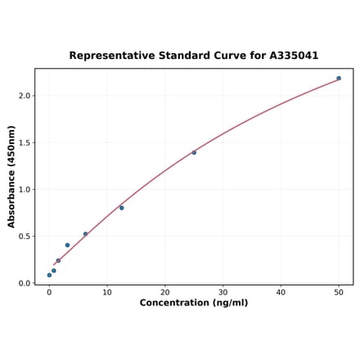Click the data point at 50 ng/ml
click(x=339, y=79)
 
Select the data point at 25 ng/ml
click(x=194, y=152)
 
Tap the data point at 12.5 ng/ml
click(x=122, y=208)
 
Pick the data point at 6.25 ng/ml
click(x=85, y=234)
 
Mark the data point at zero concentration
click(x=49, y=275)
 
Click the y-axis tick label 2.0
click(x=25, y=96)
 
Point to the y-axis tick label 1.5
click(x=25, y=142)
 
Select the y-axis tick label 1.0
click(x=25, y=189)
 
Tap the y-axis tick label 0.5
click(x=25, y=237)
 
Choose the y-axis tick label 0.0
click(x=25, y=283)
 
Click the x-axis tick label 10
click(x=107, y=292)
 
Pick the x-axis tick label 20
click(x=165, y=292)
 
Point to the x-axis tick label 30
click(x=223, y=292)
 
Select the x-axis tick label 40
click(x=281, y=292)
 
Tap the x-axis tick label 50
click(x=339, y=292)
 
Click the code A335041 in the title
click(x=294, y=56)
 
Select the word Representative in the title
click(x=110, y=56)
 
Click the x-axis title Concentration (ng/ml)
click(x=194, y=303)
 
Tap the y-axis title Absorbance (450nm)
click(x=11, y=176)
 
